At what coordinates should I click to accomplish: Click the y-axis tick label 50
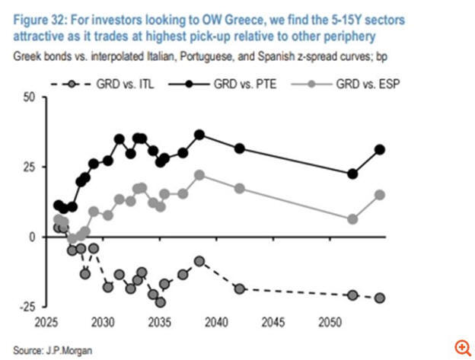click(x=29, y=97)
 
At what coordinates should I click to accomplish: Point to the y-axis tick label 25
click(x=29, y=167)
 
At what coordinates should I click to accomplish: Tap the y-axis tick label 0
click(x=32, y=237)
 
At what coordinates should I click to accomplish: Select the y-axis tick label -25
click(x=27, y=306)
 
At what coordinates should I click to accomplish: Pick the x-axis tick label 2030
click(x=104, y=323)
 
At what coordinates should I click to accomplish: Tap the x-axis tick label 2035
click(x=159, y=323)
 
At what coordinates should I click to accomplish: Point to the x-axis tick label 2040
click(x=214, y=323)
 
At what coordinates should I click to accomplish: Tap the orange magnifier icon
click(x=461, y=346)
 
